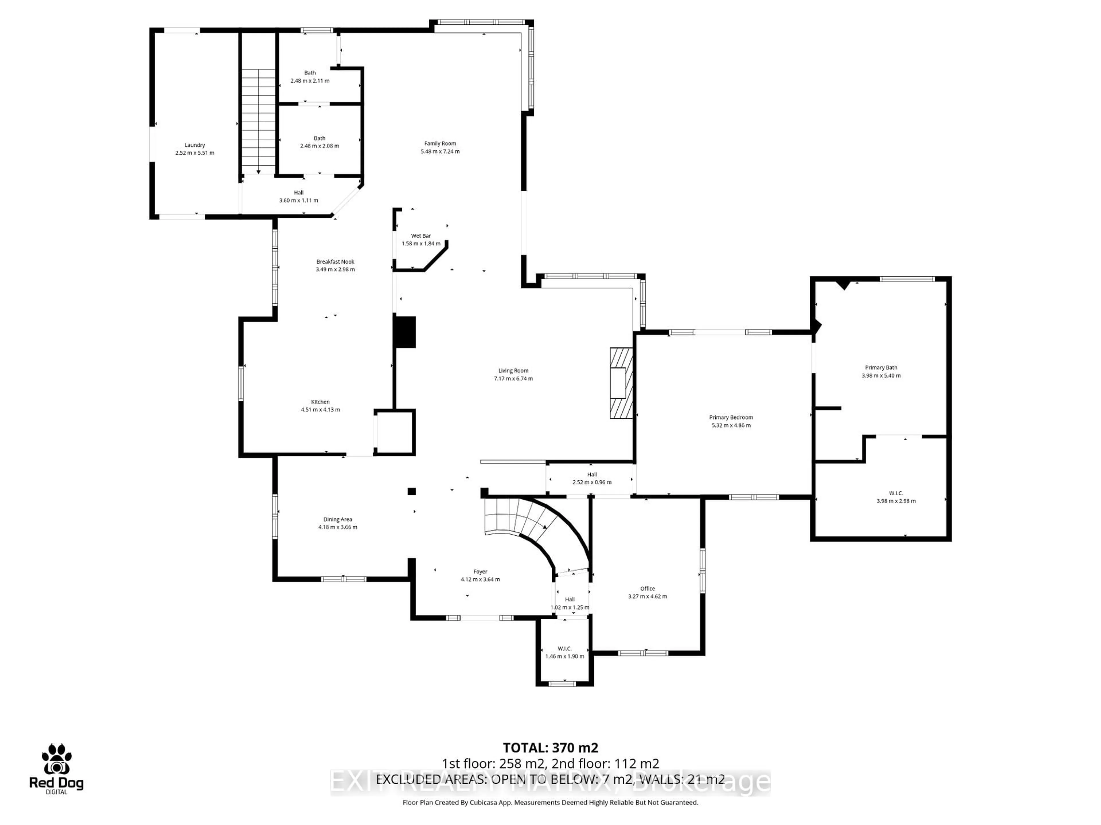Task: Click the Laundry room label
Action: click(195, 145)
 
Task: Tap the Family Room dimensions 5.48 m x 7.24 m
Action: click(440, 151)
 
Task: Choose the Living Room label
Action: click(513, 370)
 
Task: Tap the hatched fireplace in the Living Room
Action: click(621, 383)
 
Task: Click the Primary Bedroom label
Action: click(731, 417)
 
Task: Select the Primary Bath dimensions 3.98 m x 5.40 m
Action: click(881, 376)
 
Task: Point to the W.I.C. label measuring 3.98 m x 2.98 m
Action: click(896, 493)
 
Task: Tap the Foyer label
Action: click(480, 571)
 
